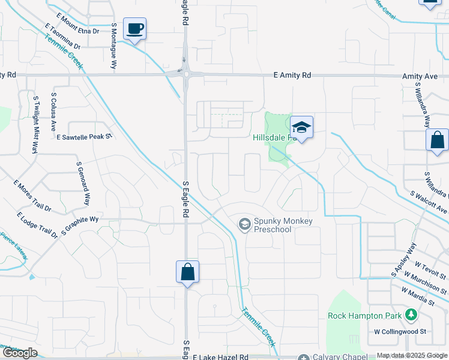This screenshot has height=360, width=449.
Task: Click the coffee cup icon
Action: (x=134, y=28)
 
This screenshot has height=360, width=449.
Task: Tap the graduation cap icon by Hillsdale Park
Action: (x=302, y=127)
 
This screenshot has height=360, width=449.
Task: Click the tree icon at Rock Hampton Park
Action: (x=411, y=315)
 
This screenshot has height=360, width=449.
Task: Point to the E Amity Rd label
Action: (x=292, y=76)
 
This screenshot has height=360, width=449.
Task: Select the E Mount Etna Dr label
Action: (x=77, y=22)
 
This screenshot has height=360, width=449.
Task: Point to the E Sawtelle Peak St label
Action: (x=85, y=137)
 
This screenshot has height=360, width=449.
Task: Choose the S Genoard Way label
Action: (x=83, y=183)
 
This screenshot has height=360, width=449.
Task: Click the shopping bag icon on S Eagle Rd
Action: (x=187, y=271)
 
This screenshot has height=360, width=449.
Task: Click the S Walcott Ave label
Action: (x=429, y=202)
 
